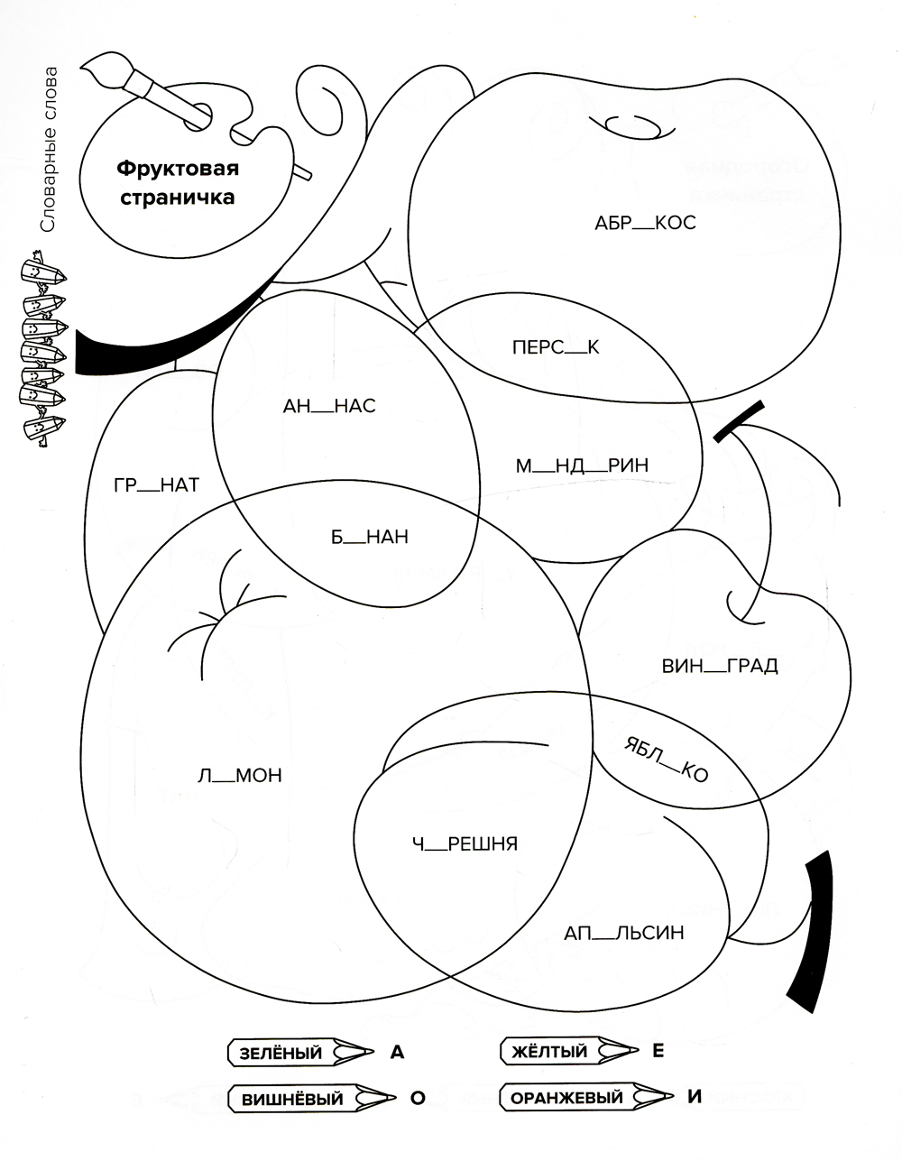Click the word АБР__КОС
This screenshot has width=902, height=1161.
645,223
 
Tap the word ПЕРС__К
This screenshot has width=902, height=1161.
555,346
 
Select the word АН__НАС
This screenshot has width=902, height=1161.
329,407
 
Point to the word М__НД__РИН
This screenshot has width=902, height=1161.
582,465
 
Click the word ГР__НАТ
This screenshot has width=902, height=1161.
156,485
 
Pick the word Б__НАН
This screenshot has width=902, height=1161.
369,537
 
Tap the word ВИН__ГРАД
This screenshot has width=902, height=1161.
719,667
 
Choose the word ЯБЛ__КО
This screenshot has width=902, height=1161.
666,757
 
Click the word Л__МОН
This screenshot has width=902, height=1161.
239,775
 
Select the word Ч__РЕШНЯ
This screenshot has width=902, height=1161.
465,843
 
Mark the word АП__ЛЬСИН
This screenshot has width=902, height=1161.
624,933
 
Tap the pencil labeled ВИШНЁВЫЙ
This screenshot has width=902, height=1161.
312,1100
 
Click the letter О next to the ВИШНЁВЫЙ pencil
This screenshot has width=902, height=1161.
417,1099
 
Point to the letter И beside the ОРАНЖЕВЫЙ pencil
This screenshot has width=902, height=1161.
694,1097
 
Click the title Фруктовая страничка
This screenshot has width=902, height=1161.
177,183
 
